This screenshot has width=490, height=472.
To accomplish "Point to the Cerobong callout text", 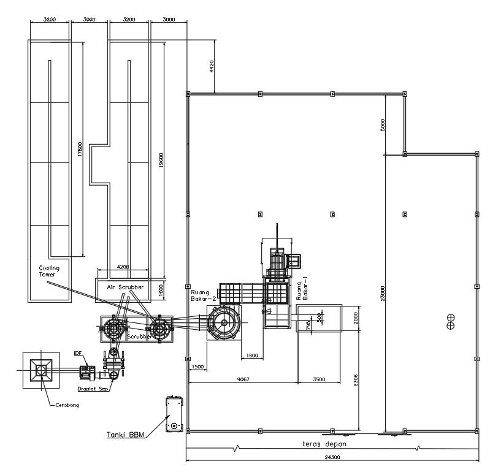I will click(67, 405).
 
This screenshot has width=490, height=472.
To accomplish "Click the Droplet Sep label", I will click(94, 389).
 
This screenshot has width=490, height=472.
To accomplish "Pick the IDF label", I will click(78, 354).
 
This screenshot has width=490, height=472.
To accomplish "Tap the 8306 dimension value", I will click(355, 380).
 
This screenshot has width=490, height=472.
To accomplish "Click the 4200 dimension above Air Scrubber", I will click(123, 267).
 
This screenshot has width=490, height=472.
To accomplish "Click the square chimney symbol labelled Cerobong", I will click(41, 370).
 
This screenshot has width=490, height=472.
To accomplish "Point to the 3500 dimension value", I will click(318, 380).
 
